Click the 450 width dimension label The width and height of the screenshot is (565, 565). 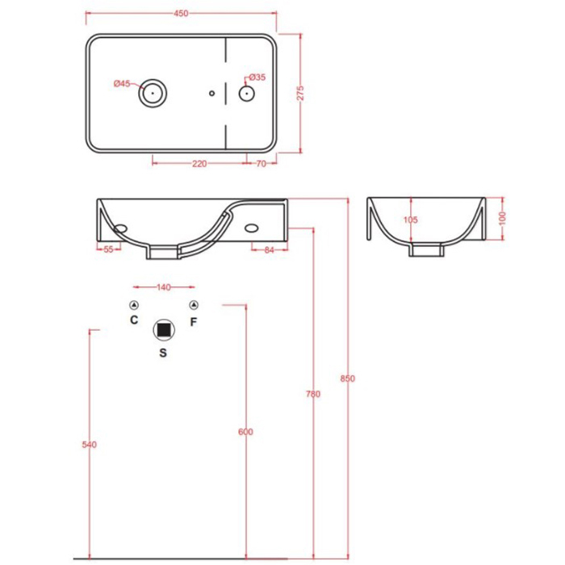[x=181, y=14]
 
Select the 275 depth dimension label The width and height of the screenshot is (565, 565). [x=300, y=93]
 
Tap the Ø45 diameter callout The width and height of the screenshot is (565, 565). [x=122, y=84]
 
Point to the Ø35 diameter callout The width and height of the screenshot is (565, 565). [x=257, y=77]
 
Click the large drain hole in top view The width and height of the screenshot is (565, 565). [x=153, y=93]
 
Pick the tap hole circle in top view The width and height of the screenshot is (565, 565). [x=247, y=94]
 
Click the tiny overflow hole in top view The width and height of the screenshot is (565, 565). [x=211, y=94]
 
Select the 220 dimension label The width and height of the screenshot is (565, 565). [x=199, y=164]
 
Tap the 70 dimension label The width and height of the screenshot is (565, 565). [x=262, y=164]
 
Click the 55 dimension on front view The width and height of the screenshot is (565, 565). [x=108, y=249]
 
